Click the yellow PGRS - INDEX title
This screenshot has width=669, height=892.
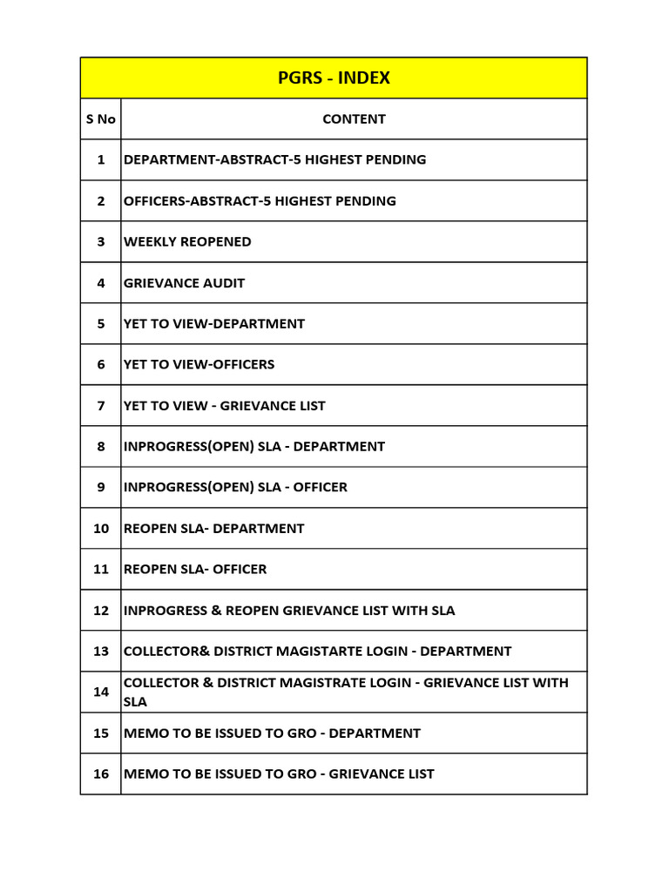pos(334,78)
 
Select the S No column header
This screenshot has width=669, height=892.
pos(101,119)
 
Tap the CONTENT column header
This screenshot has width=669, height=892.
pos(354,119)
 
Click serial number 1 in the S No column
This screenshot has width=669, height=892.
pos(101,160)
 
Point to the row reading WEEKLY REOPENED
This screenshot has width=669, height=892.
pos(187,242)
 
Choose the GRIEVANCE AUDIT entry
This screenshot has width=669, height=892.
pos(184,283)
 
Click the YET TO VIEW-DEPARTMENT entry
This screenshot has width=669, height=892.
pos(214,324)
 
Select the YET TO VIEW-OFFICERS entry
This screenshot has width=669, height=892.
pos(199,365)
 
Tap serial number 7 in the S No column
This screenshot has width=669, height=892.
pos(101,406)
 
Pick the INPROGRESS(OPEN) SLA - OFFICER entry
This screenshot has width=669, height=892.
pos(235,488)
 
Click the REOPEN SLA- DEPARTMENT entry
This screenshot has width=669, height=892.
pos(214,529)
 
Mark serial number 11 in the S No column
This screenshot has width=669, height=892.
pos(101,570)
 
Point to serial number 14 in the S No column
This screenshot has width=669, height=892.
pos(101,692)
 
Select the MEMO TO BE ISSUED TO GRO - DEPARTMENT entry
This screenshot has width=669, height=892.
pos(272,733)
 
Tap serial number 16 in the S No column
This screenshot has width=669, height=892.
pos(101,774)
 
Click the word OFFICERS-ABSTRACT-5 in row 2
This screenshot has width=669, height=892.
pos(187,201)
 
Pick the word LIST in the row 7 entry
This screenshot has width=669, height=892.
pos(311,406)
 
